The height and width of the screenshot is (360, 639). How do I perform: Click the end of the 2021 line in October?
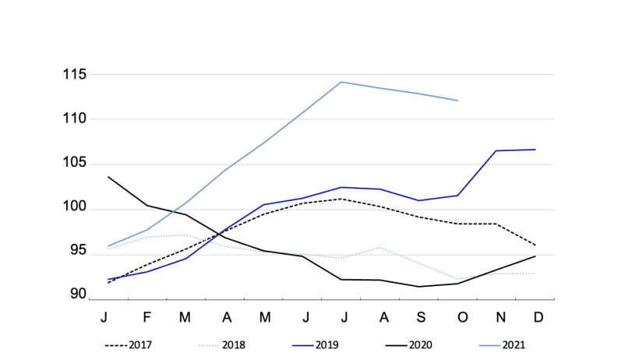(458, 101)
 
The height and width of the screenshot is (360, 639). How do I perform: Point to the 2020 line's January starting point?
(108, 177)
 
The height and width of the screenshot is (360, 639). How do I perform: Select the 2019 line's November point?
(496, 150)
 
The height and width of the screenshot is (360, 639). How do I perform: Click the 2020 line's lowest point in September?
(419, 287)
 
